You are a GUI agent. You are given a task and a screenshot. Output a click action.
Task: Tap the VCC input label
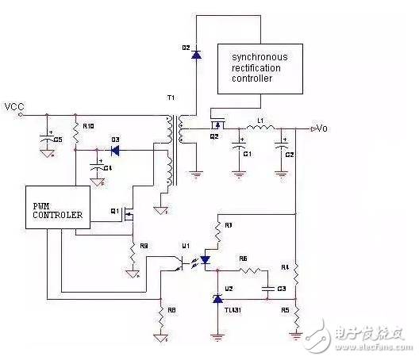13,105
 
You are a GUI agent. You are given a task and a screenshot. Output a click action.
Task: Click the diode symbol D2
195,55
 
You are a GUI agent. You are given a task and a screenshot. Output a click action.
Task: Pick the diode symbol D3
114,149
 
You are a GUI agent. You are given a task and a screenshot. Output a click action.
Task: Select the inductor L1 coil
258,129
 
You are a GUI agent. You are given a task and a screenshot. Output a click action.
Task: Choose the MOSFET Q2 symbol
217,124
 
